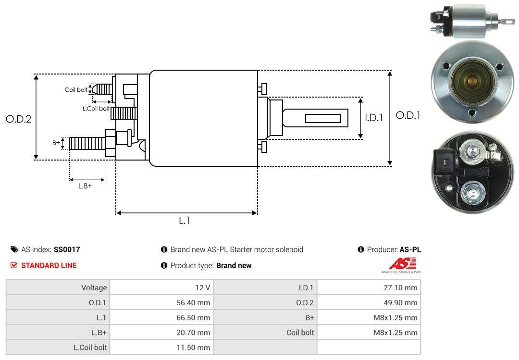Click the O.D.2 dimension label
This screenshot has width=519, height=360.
[x=18, y=119]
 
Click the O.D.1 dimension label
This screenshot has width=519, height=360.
[x=408, y=115]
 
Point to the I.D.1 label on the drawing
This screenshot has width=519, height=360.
[x=373, y=117]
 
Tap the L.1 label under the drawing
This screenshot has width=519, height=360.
[x=185, y=221]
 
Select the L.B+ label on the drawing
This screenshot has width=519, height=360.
[x=85, y=186]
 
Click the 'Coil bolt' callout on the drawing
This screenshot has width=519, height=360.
[x=76, y=90]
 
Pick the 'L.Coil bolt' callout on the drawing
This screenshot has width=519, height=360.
[x=96, y=109]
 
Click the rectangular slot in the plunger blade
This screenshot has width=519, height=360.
[x=323, y=118]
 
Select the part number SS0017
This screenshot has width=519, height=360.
[x=67, y=249]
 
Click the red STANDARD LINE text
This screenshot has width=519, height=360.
[x=49, y=265]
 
